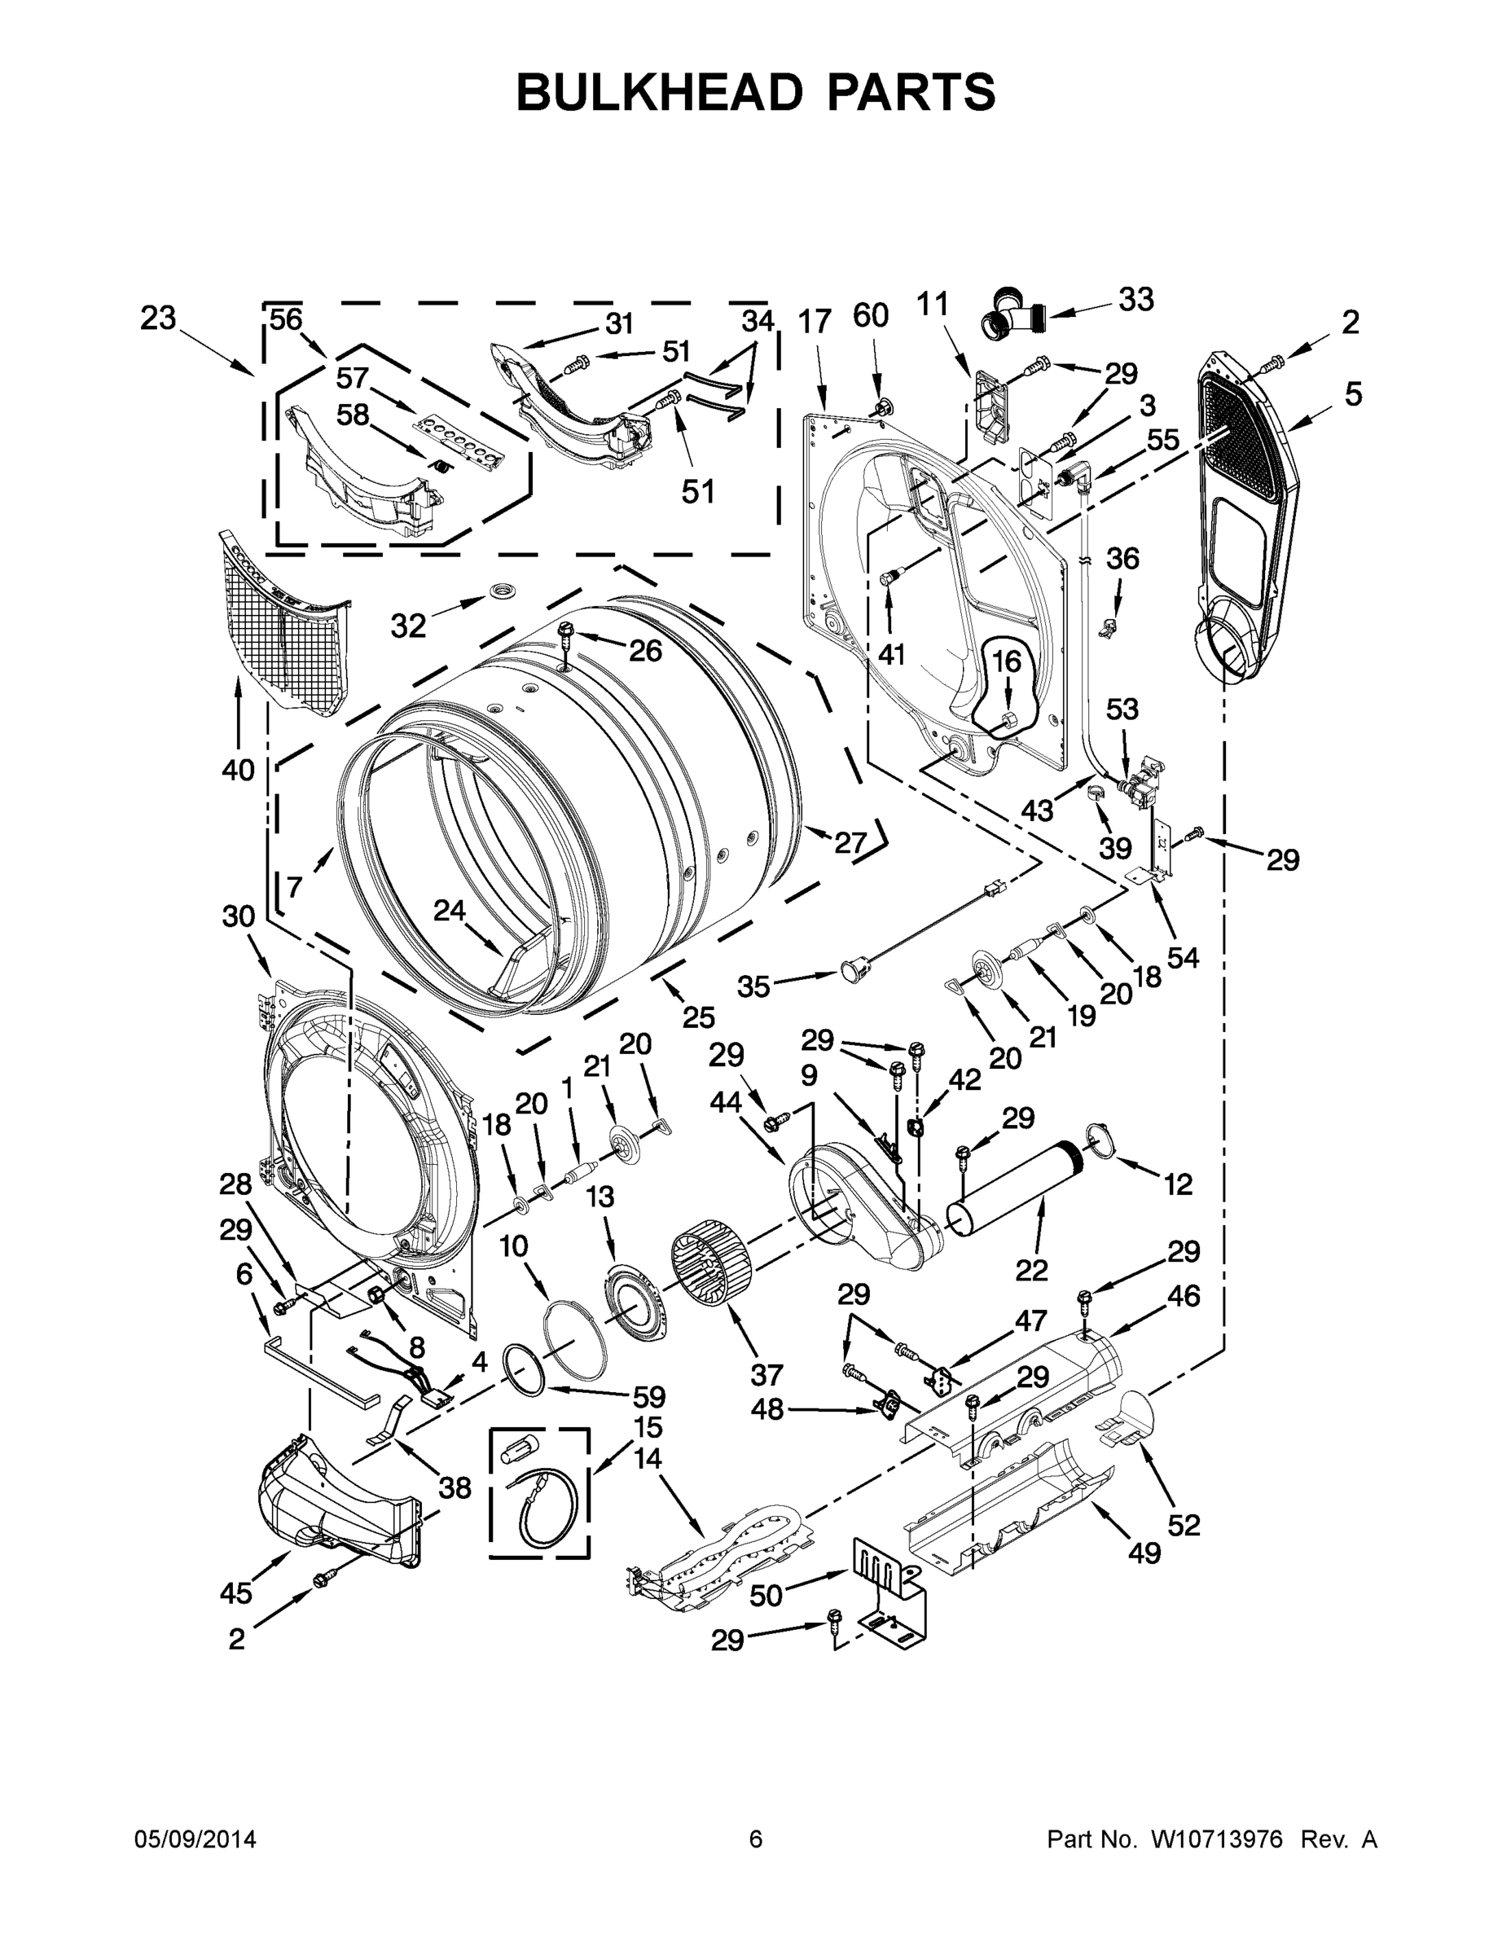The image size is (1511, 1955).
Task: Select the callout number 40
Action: [x=238, y=769]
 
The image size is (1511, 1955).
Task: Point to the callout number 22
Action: [x=1031, y=1269]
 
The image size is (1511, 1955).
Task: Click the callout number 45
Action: [x=236, y=1593]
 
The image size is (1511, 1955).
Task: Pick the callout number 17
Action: [x=815, y=320]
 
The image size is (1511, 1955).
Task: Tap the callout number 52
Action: [x=1184, y=1524]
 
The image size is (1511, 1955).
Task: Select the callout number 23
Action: [x=159, y=318]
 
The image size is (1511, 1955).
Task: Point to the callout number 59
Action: [x=649, y=1395]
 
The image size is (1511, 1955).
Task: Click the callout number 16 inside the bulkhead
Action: [x=1006, y=661]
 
